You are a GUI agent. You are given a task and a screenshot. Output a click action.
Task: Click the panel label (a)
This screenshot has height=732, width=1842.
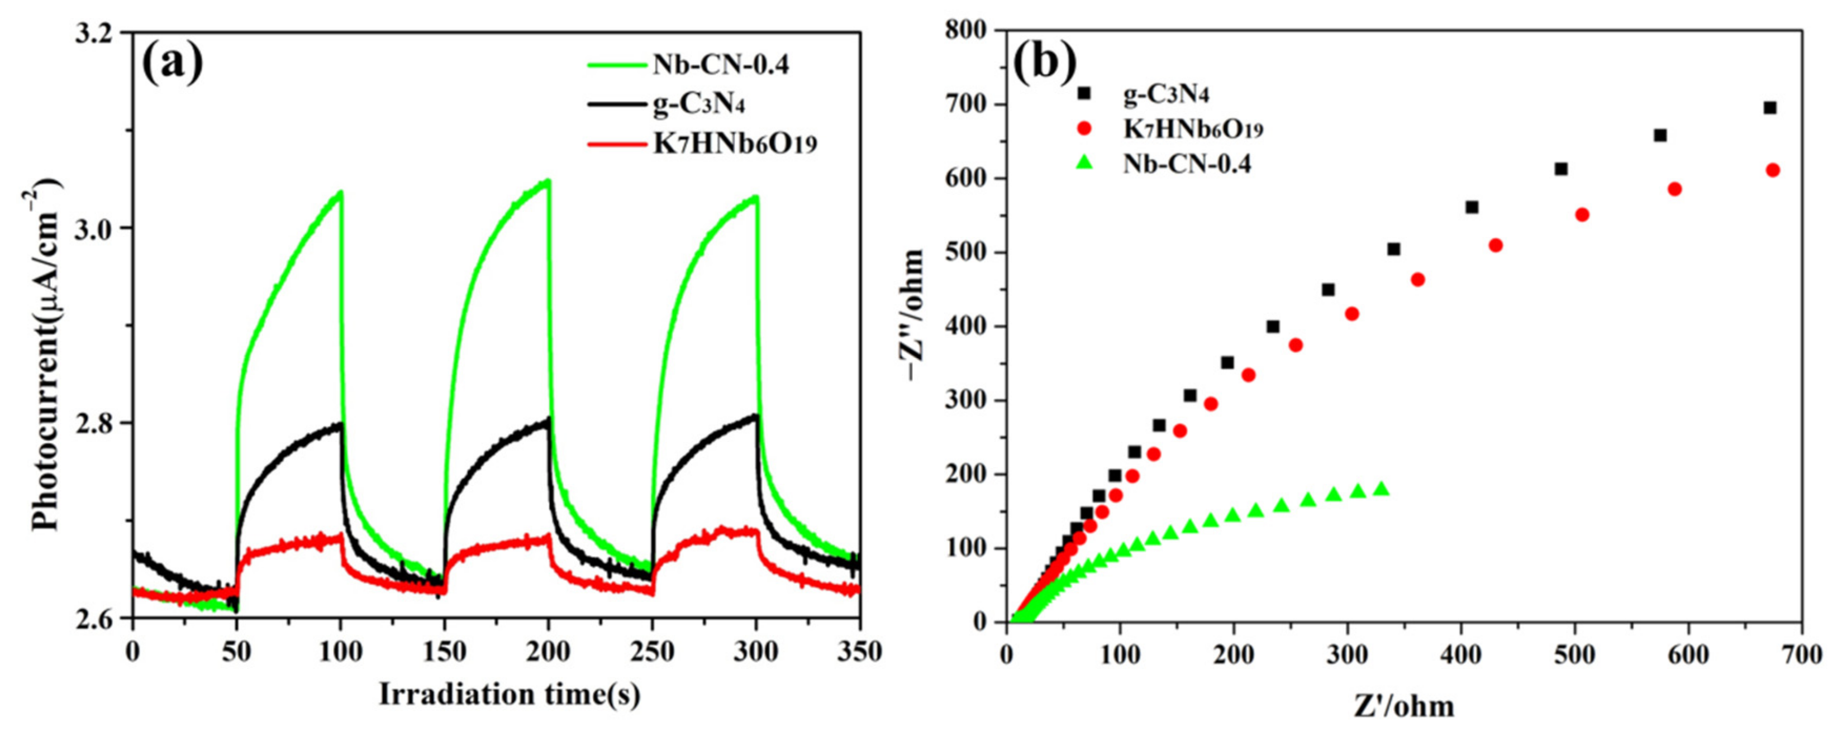(172, 64)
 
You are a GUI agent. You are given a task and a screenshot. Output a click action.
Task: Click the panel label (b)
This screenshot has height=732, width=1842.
(1045, 63)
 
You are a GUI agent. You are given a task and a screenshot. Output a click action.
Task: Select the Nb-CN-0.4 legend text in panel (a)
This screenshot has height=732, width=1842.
(720, 65)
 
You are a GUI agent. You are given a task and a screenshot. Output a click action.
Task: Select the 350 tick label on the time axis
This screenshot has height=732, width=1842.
(858, 652)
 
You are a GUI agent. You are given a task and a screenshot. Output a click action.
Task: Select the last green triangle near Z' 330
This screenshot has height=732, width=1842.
(1382, 490)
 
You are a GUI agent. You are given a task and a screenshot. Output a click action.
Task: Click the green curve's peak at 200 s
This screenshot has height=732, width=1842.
(547, 181)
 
